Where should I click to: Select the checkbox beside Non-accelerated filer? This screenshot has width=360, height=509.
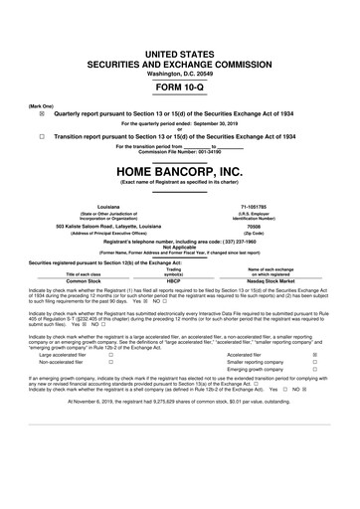(x=109, y=363)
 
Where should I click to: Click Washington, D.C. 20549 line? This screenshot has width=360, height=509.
(x=179, y=44)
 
